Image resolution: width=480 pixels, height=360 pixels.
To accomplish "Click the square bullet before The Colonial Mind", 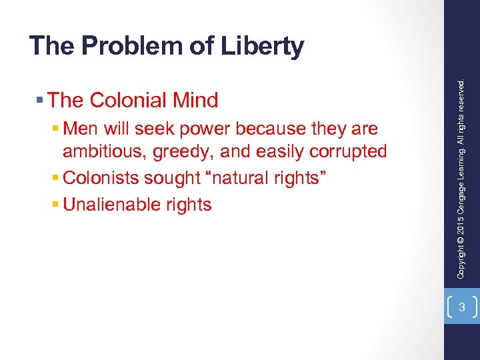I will click(41, 101).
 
